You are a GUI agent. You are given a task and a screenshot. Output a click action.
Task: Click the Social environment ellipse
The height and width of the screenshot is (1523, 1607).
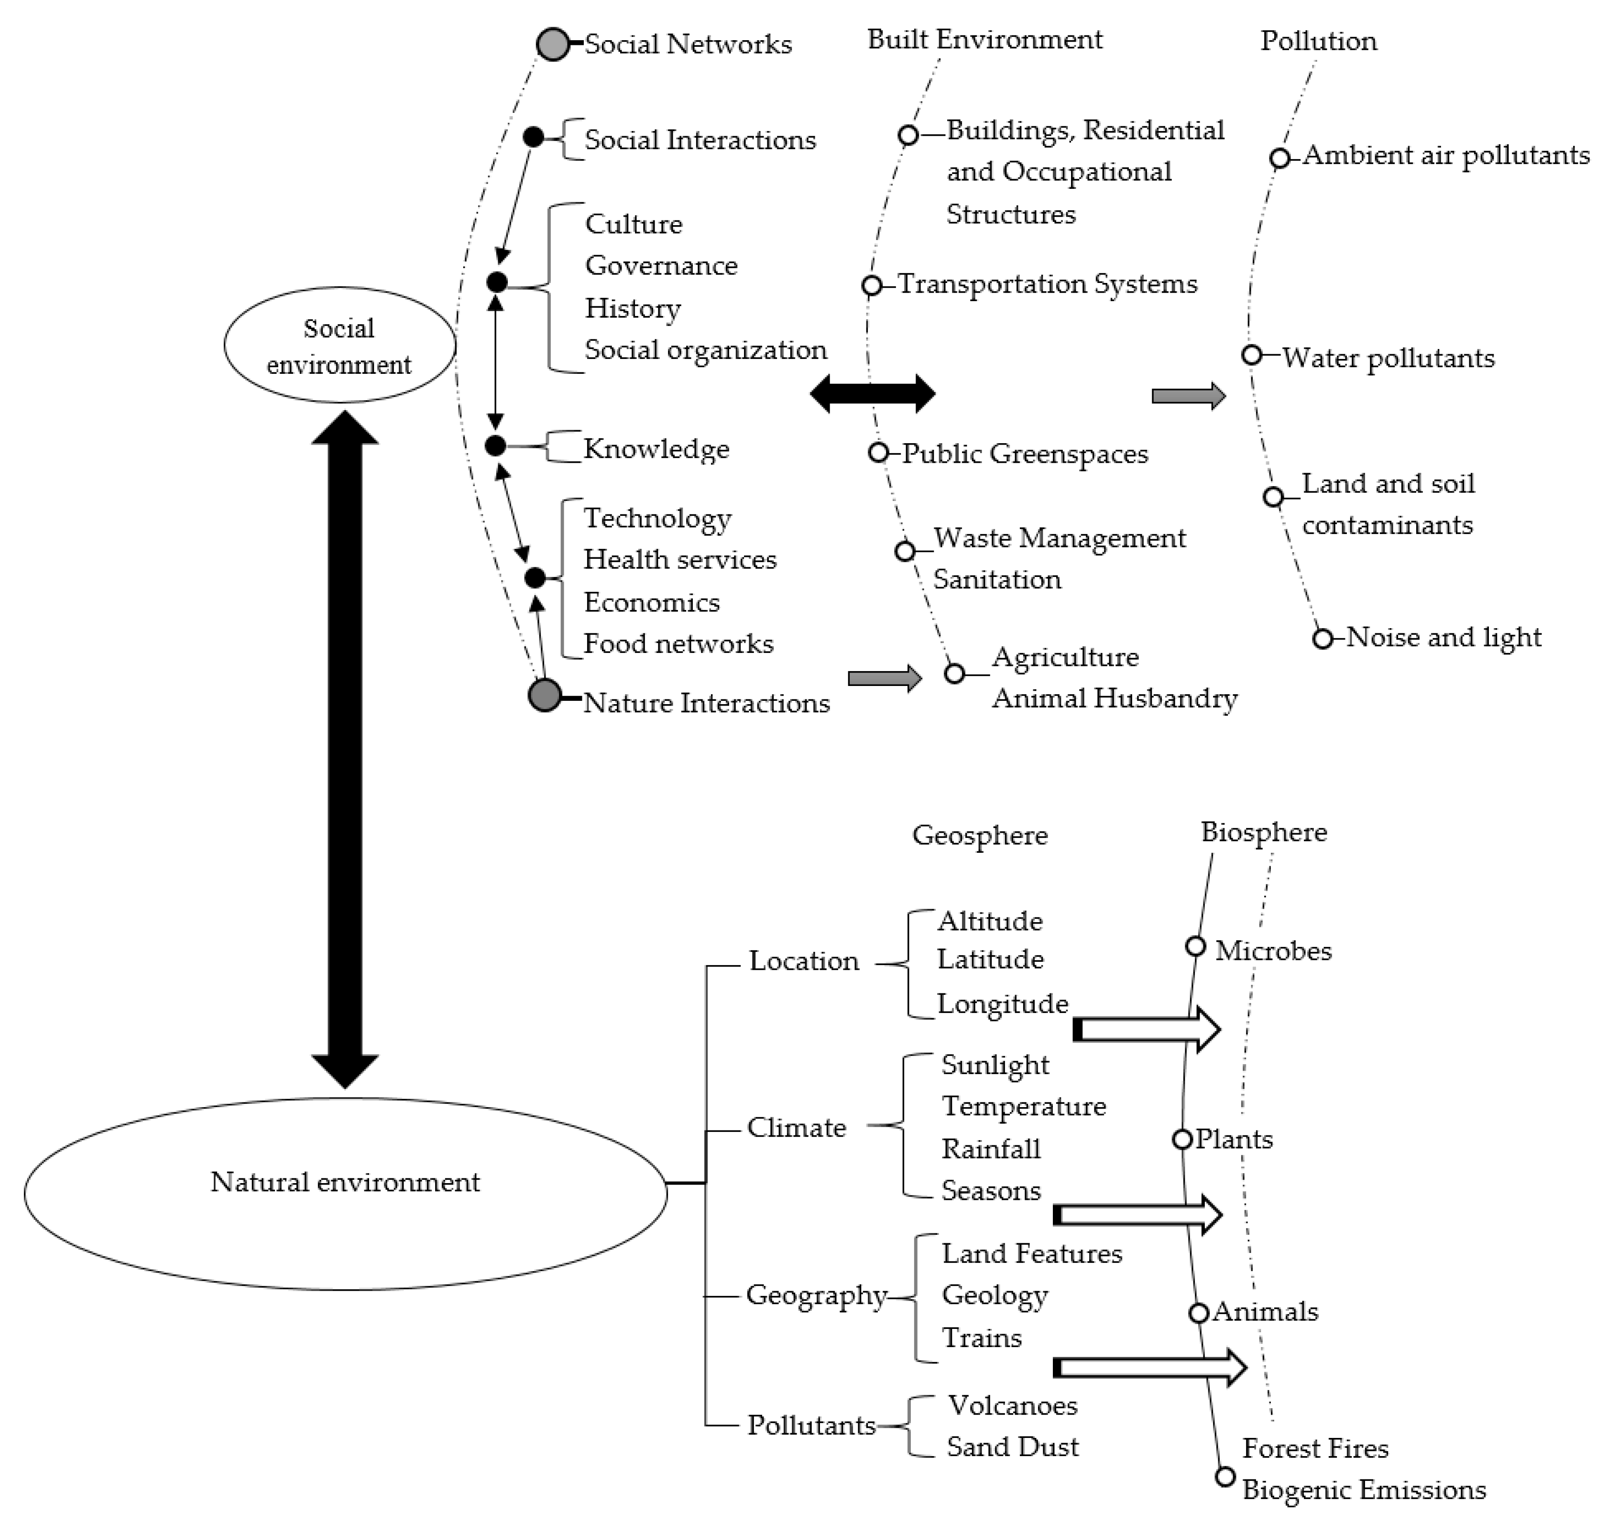[x=339, y=345]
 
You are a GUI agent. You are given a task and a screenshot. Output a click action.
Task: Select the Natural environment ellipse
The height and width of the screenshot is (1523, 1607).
[x=345, y=1193]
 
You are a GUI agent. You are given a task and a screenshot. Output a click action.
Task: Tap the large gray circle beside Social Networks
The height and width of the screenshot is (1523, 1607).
[x=553, y=44]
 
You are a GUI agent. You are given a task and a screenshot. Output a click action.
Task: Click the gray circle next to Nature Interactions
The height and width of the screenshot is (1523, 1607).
[x=544, y=695]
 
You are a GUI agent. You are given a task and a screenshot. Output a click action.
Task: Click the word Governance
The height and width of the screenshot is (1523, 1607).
[x=661, y=265]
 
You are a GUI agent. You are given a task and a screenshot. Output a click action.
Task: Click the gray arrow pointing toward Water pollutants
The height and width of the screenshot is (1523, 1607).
[x=1188, y=396]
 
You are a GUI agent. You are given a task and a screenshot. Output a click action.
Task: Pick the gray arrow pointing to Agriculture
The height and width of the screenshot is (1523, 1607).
[x=884, y=678]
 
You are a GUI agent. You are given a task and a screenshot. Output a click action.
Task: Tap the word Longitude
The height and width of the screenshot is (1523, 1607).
[x=1002, y=1004]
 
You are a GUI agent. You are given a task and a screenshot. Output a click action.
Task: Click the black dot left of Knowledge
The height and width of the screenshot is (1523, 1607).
[x=495, y=446]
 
